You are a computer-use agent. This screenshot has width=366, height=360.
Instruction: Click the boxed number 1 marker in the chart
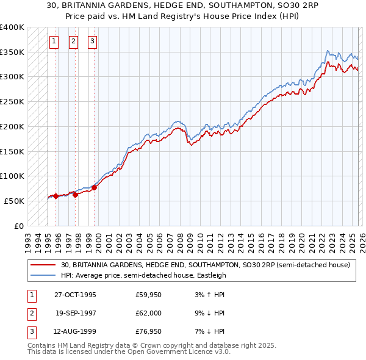tap(54, 41)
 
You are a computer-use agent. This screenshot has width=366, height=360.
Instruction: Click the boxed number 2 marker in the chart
tap(73, 41)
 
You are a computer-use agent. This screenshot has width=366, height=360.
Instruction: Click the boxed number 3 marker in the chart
tap(92, 41)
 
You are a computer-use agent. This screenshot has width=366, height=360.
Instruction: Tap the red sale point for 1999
tap(95, 187)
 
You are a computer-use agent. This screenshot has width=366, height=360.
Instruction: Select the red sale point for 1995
tap(56, 196)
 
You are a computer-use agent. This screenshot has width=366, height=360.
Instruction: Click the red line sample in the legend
tap(43, 265)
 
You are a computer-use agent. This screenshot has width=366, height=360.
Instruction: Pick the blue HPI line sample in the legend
tap(43, 275)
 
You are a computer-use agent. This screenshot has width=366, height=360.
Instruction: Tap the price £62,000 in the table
tap(149, 313)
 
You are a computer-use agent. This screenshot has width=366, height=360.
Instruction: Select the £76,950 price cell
tap(149, 331)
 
